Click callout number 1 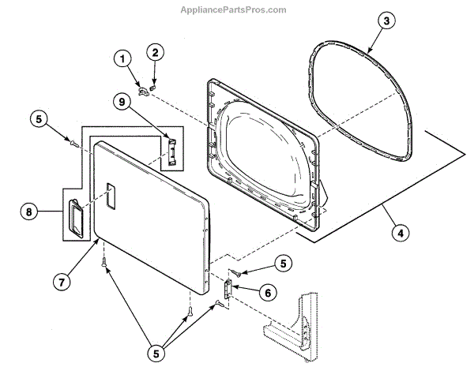click(x=122, y=58)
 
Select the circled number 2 click(x=155, y=53)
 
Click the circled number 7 click(x=61, y=280)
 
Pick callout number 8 click(x=29, y=211)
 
